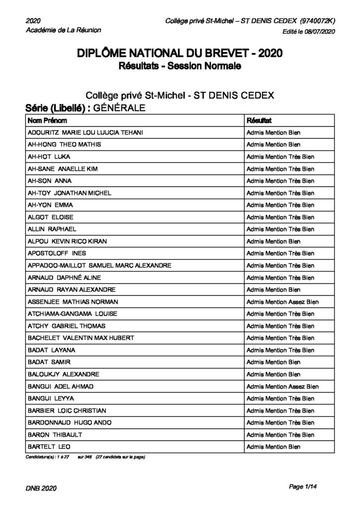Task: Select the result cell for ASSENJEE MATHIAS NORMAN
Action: [282, 302]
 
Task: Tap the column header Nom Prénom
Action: [48, 121]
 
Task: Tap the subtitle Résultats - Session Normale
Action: [180, 66]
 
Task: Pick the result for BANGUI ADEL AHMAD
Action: [282, 386]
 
